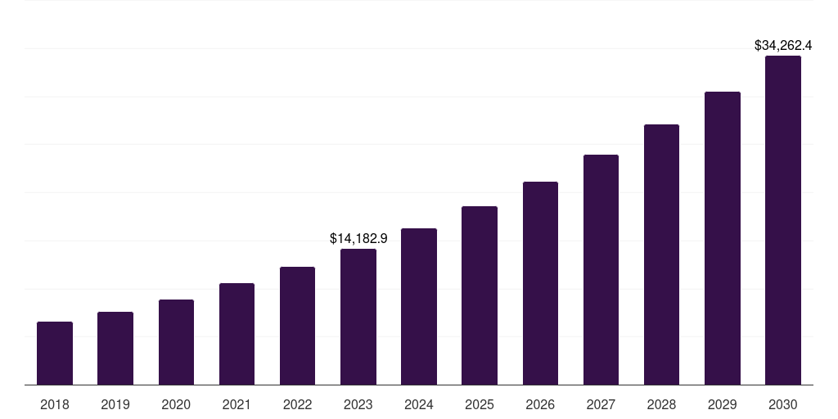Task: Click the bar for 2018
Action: click(x=55, y=353)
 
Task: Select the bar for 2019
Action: click(x=115, y=348)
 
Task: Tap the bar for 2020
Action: click(x=176, y=342)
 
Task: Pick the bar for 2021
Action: click(x=237, y=334)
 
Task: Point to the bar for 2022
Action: click(x=297, y=326)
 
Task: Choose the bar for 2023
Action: click(x=358, y=317)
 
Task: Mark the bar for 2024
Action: click(x=419, y=306)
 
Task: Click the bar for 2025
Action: click(x=480, y=295)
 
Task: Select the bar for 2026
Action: click(x=540, y=283)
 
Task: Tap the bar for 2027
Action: click(x=601, y=269)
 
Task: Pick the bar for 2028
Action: click(x=661, y=255)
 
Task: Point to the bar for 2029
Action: click(x=723, y=238)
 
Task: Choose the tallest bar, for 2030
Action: click(x=783, y=220)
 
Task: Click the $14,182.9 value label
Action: click(x=358, y=238)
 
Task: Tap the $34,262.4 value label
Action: click(x=783, y=45)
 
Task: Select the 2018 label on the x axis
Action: click(x=55, y=404)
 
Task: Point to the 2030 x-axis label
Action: click(x=783, y=404)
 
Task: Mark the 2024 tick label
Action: click(x=419, y=404)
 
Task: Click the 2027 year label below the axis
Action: click(x=601, y=404)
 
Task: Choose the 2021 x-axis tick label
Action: click(x=237, y=404)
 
